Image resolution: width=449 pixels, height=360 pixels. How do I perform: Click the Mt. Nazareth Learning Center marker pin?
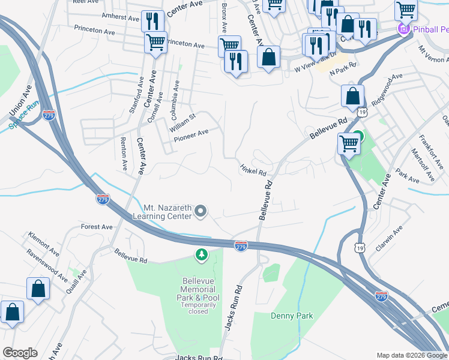point(201,211)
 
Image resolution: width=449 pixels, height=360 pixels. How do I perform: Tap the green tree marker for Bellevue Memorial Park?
point(202,256)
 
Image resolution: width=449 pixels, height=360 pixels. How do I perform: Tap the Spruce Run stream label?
point(23,114)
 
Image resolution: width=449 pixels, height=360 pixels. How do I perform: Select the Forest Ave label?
point(97,227)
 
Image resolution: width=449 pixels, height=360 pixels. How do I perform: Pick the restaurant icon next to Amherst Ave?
point(152,22)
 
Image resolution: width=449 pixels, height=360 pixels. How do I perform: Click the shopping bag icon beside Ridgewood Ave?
point(352,95)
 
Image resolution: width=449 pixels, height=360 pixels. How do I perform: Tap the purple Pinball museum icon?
point(403,29)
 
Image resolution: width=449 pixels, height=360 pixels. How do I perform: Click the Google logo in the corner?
point(20,353)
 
